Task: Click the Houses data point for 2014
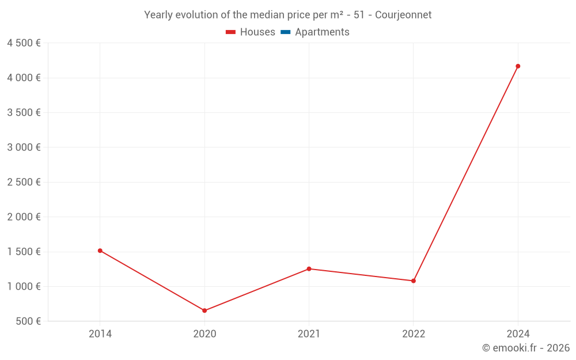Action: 100,251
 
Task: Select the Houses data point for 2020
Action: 204,310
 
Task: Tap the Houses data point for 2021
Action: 309,269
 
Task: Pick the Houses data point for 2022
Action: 414,281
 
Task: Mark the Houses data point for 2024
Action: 518,66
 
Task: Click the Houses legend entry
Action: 251,32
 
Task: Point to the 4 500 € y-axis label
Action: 24,43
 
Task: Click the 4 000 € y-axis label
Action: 24,78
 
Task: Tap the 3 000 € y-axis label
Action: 24,147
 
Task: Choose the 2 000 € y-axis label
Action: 24,217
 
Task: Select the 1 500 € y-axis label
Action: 24,252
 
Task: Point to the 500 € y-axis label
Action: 28,321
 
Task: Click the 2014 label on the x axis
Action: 100,334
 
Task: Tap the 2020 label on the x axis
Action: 204,334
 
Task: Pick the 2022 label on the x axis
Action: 414,334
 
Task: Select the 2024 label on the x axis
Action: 518,334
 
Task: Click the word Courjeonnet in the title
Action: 403,15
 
